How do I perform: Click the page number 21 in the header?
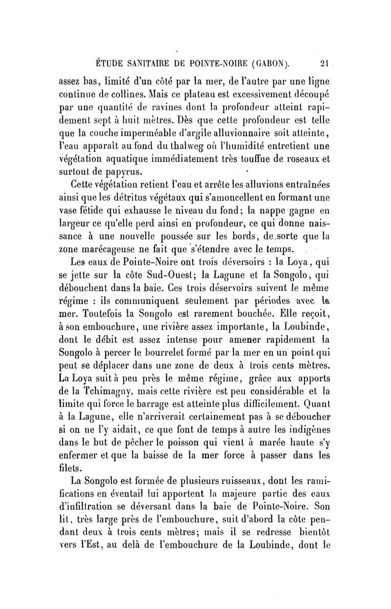tap(322, 63)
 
